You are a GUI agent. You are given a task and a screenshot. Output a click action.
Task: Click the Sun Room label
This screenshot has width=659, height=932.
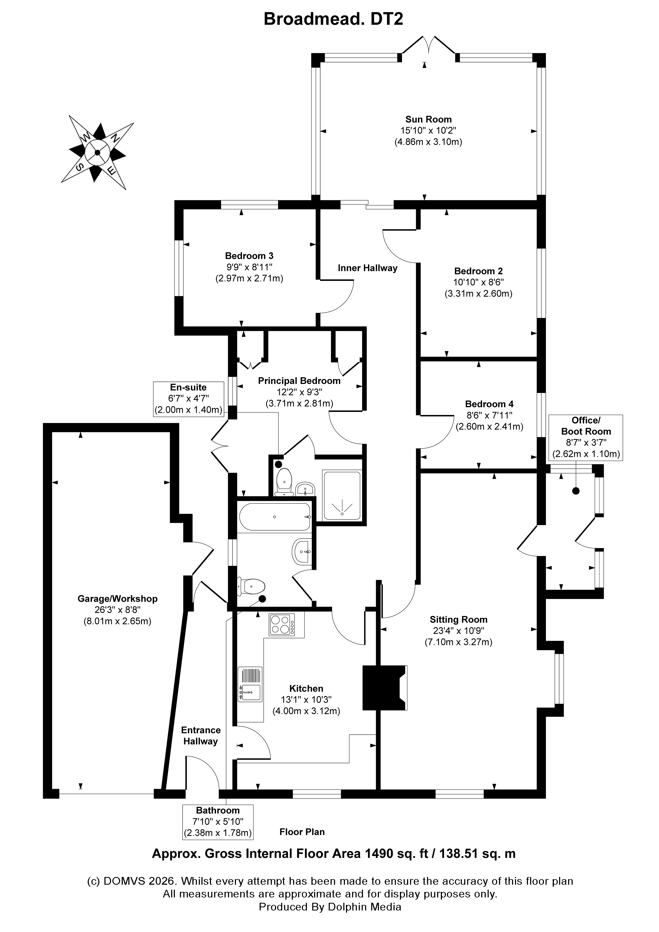[x=428, y=119]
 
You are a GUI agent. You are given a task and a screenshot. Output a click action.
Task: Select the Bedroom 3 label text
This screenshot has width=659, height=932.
[x=249, y=256]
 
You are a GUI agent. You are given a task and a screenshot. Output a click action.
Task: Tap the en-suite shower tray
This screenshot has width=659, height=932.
[x=341, y=496]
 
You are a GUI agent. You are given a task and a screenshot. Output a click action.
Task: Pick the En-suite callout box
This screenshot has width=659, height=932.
[x=188, y=399]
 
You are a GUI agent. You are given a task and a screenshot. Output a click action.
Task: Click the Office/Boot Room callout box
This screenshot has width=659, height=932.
[x=585, y=437]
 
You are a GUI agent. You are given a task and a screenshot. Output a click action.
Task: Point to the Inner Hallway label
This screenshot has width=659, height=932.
[x=367, y=268]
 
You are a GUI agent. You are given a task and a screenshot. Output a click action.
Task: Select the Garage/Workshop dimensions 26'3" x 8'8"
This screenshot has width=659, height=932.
[x=117, y=610]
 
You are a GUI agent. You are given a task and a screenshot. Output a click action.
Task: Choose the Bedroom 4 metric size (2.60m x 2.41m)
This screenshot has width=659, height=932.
[x=489, y=427]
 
